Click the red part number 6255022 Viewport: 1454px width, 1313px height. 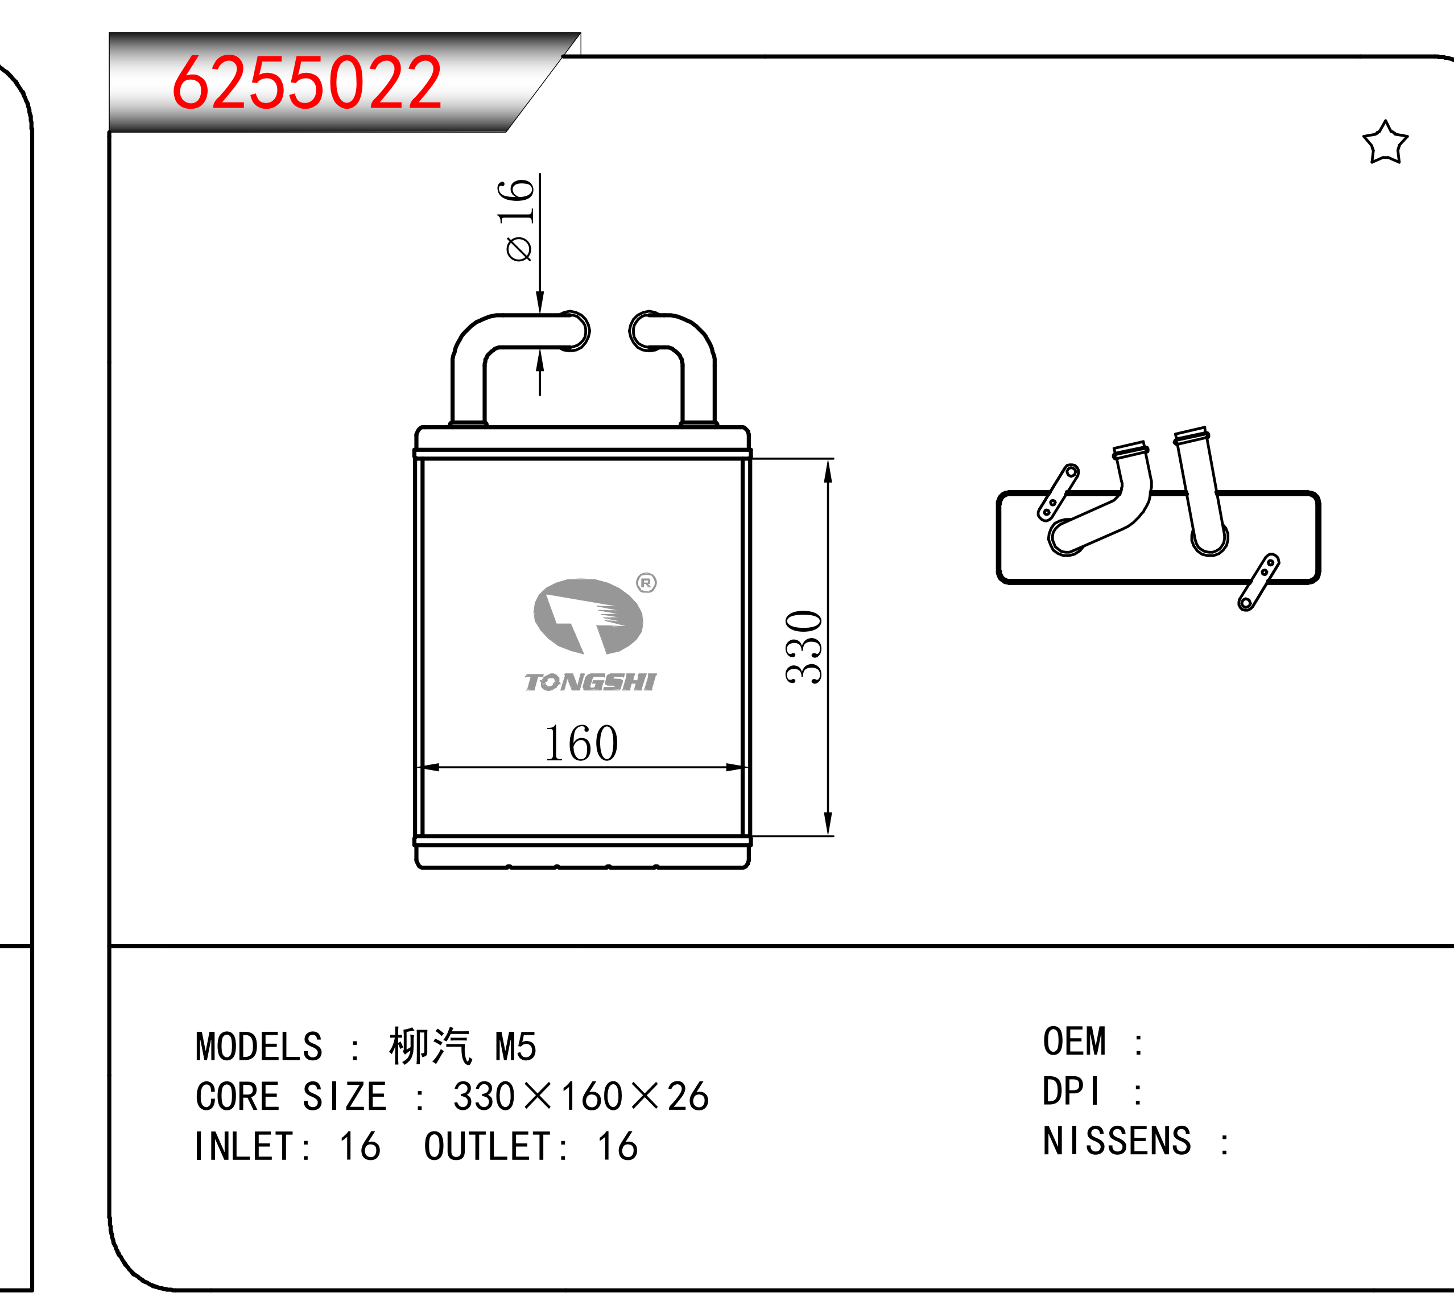click(x=307, y=83)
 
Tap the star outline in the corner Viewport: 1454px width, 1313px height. click(x=1385, y=143)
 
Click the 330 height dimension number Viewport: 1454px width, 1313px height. click(x=803, y=647)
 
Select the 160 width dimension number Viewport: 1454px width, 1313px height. click(x=581, y=743)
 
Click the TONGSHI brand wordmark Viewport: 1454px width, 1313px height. click(x=590, y=682)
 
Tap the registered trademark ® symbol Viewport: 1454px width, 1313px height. click(x=646, y=582)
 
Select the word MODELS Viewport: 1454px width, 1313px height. click(x=259, y=1047)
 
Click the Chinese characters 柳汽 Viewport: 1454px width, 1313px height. click(x=430, y=1046)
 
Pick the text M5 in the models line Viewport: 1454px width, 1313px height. click(x=516, y=1047)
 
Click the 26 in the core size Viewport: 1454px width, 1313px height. click(x=688, y=1097)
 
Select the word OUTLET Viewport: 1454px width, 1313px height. click(x=487, y=1146)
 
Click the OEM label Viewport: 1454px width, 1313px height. click(x=1074, y=1042)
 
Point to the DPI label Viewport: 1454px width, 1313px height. click(x=1071, y=1092)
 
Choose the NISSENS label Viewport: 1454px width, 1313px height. click(x=1117, y=1141)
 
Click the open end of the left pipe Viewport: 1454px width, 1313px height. click(x=573, y=331)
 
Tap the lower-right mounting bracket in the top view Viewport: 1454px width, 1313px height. click(x=1258, y=582)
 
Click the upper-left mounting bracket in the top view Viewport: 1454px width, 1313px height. click(x=1058, y=493)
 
